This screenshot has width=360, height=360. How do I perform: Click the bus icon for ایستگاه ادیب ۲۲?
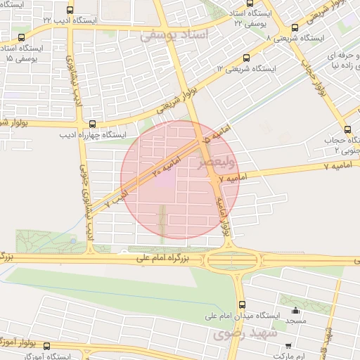(70, 11)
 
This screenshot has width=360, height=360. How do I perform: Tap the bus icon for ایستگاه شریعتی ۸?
(295, 28)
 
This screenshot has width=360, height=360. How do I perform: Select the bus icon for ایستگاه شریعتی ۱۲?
(245, 58)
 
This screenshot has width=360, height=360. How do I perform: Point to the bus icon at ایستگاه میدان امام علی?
(243, 305)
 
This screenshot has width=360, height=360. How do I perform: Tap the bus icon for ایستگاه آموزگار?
(47, 346)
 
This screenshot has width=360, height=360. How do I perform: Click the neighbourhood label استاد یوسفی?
(176, 34)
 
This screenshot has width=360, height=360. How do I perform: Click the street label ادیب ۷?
(117, 196)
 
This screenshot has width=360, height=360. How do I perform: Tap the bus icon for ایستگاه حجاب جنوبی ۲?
(347, 129)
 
